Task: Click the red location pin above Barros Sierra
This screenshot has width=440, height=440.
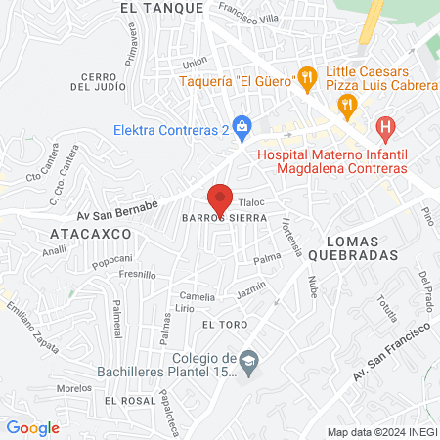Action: click(220, 196)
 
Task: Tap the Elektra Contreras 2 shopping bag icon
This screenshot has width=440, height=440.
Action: click(243, 125)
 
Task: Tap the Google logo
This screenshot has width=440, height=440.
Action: click(32, 427)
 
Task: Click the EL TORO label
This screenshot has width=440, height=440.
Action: click(220, 323)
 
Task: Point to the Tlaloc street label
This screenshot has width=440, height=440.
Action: click(252, 202)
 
